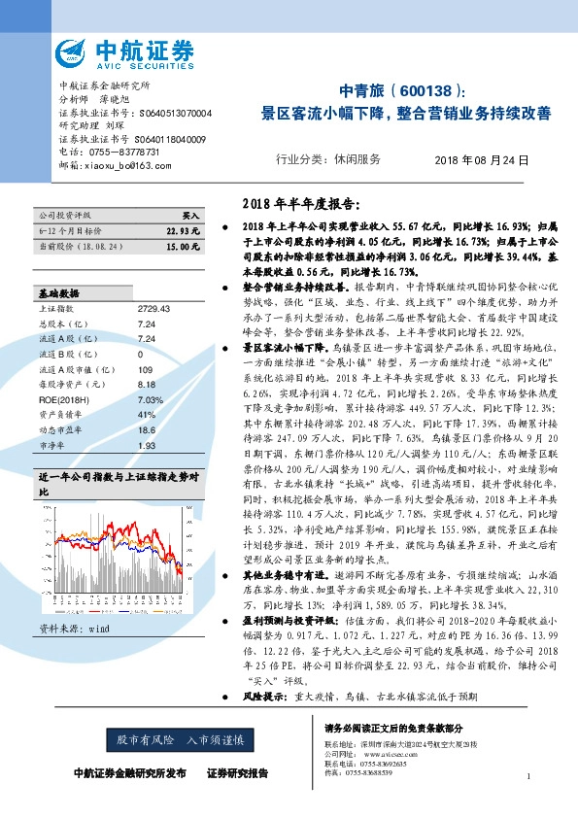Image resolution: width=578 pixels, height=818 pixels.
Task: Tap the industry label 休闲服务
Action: (357, 158)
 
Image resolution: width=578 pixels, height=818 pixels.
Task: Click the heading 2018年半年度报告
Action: (299, 205)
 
